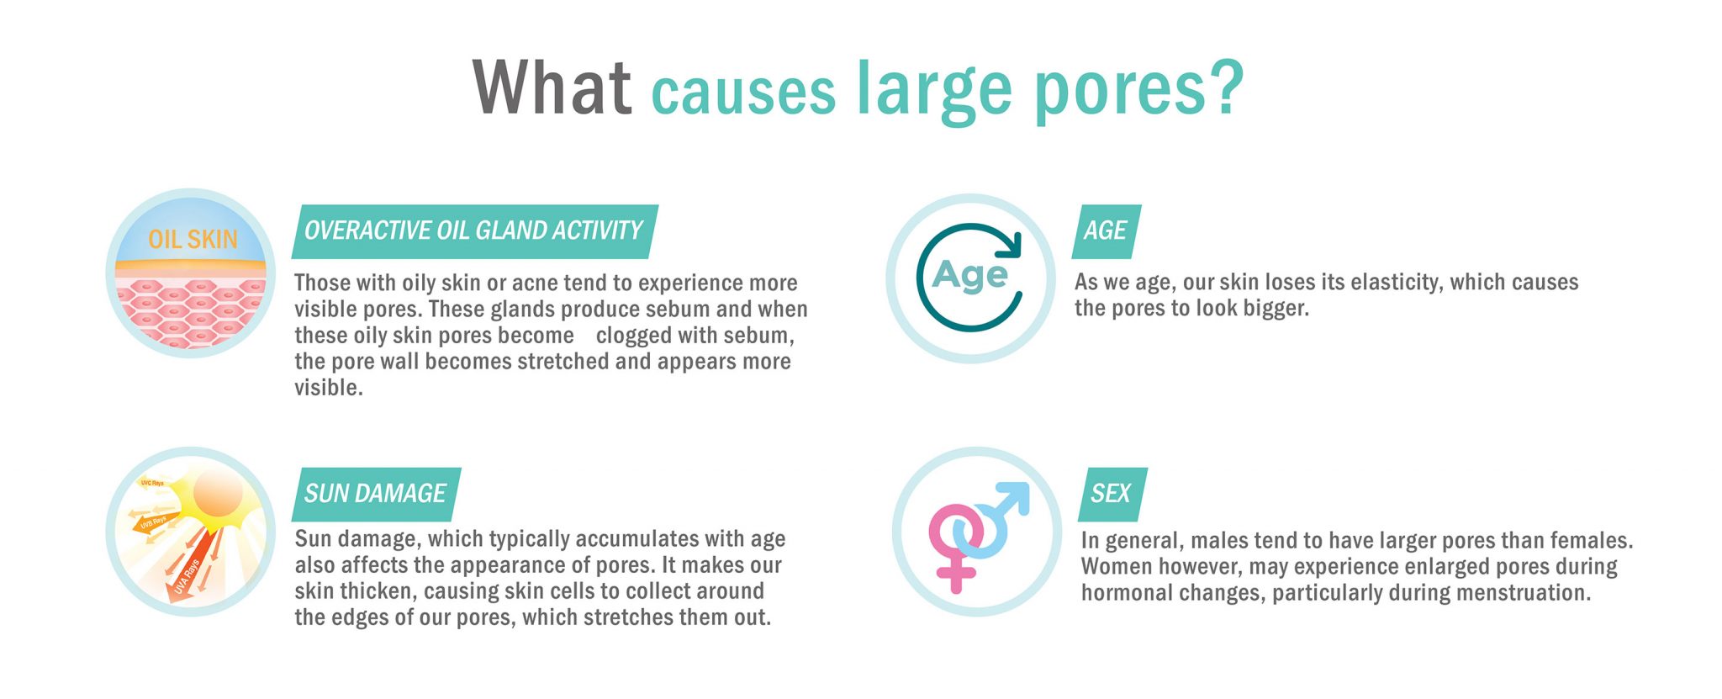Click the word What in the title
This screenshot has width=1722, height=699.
[552, 87]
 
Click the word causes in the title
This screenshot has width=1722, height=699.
[743, 93]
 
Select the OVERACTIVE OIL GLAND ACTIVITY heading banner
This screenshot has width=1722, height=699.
[474, 231]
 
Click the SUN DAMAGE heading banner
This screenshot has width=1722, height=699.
[376, 494]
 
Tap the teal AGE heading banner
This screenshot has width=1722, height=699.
[1106, 231]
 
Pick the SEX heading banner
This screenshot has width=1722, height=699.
[1112, 494]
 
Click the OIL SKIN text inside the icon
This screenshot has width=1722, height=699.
[193, 240]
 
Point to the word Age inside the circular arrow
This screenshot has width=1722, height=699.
[969, 276]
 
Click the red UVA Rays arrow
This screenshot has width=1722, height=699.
[186, 571]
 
